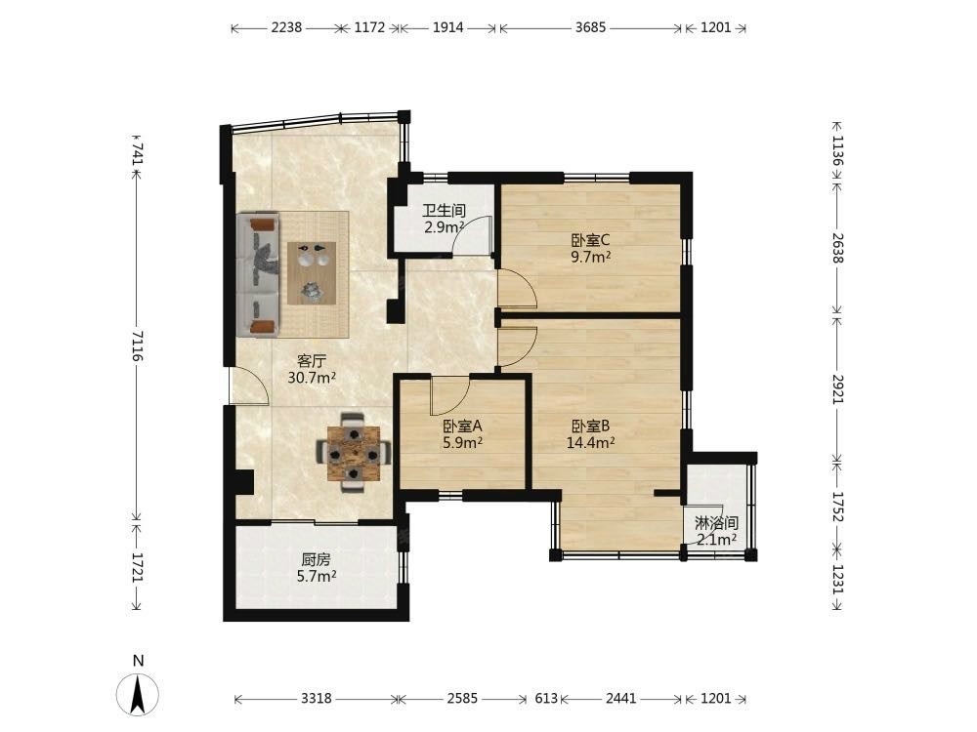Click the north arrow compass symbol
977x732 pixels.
[138, 692]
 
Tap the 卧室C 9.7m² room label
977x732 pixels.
[590, 248]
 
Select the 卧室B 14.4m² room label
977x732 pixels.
[591, 434]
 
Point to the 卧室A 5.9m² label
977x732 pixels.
[462, 434]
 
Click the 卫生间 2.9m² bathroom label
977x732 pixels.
[445, 219]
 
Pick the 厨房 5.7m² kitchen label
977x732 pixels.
[317, 568]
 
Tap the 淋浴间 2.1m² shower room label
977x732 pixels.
[716, 531]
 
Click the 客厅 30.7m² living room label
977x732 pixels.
[312, 369]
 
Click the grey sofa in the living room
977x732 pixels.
[258, 274]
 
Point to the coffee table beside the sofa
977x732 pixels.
[312, 273]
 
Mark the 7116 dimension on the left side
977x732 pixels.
[138, 346]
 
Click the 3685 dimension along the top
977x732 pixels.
[590, 27]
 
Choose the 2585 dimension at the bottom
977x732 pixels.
[462, 699]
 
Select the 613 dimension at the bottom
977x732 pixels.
[546, 699]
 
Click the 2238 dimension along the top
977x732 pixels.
[286, 27]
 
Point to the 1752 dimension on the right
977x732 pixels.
[838, 508]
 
